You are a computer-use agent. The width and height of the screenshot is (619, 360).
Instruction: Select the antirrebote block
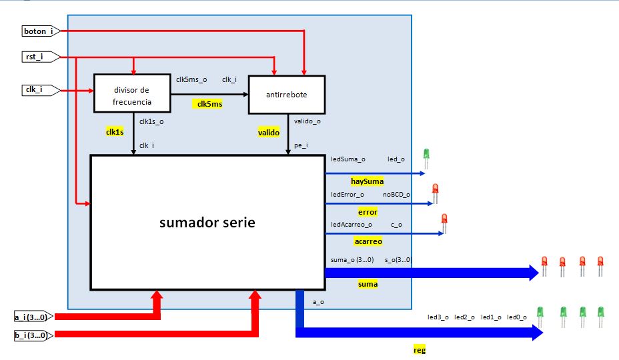pos(287,95)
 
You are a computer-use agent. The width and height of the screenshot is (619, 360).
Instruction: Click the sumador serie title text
pos(207,223)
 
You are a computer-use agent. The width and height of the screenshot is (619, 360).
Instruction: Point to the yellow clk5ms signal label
pos(209,104)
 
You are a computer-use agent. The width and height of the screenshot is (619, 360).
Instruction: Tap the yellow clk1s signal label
pos(115,133)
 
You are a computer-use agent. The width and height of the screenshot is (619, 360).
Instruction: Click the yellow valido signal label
pos(269,133)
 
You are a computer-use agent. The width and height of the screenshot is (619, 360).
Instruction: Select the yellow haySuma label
pos(368,181)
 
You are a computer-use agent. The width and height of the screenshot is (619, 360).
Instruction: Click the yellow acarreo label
pos(368,241)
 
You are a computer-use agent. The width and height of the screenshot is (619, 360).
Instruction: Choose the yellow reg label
pos(420,350)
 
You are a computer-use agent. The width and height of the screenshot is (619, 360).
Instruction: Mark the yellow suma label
pos(367,284)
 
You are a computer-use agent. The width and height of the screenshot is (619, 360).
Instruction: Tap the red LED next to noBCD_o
pos(435,193)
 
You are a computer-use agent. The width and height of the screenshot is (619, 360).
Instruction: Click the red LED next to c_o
pos(444,222)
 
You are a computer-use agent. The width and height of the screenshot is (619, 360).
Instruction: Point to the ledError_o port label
pos(348,195)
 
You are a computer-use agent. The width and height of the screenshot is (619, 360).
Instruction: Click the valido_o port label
pos(307,121)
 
